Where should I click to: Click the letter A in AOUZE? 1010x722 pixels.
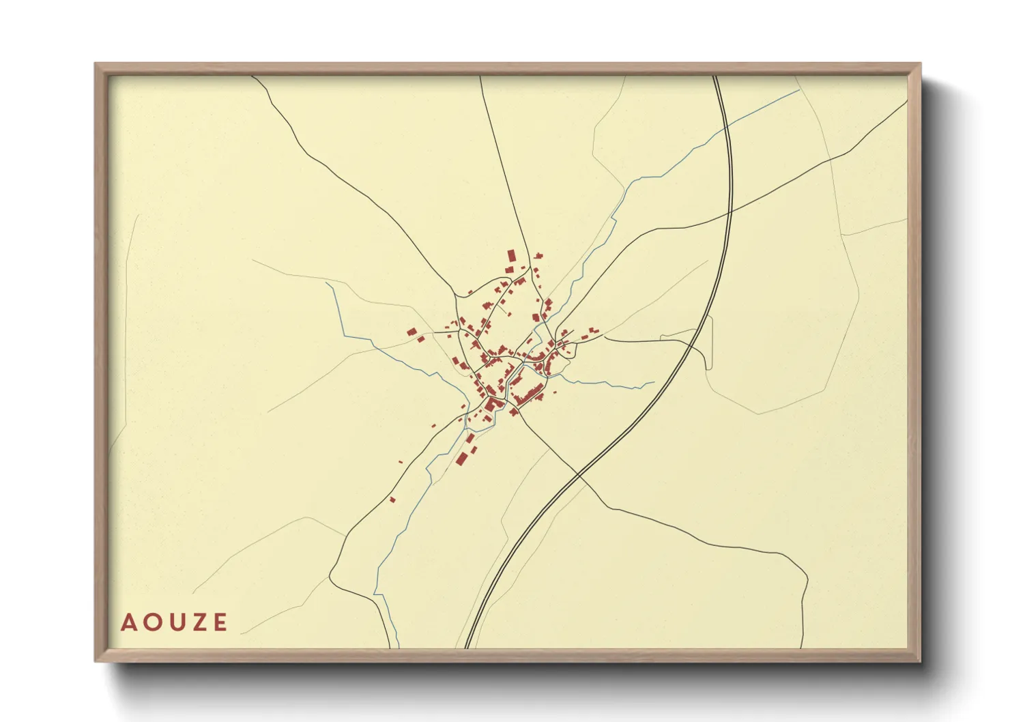(x=128, y=622)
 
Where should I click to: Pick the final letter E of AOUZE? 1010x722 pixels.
(x=220, y=622)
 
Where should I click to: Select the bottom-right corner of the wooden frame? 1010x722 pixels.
(x=920, y=661)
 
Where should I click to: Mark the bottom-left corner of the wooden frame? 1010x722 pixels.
(x=96, y=661)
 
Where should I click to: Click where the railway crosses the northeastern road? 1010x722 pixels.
(x=729, y=212)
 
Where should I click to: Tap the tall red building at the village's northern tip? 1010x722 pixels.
(x=510, y=257)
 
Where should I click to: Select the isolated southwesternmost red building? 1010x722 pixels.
(x=392, y=500)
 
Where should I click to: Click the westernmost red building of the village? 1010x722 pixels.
(x=412, y=332)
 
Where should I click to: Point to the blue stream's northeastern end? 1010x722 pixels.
(x=798, y=90)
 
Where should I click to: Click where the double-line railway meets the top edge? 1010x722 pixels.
(x=715, y=76)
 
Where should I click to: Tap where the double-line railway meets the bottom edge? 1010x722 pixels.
(x=467, y=647)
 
